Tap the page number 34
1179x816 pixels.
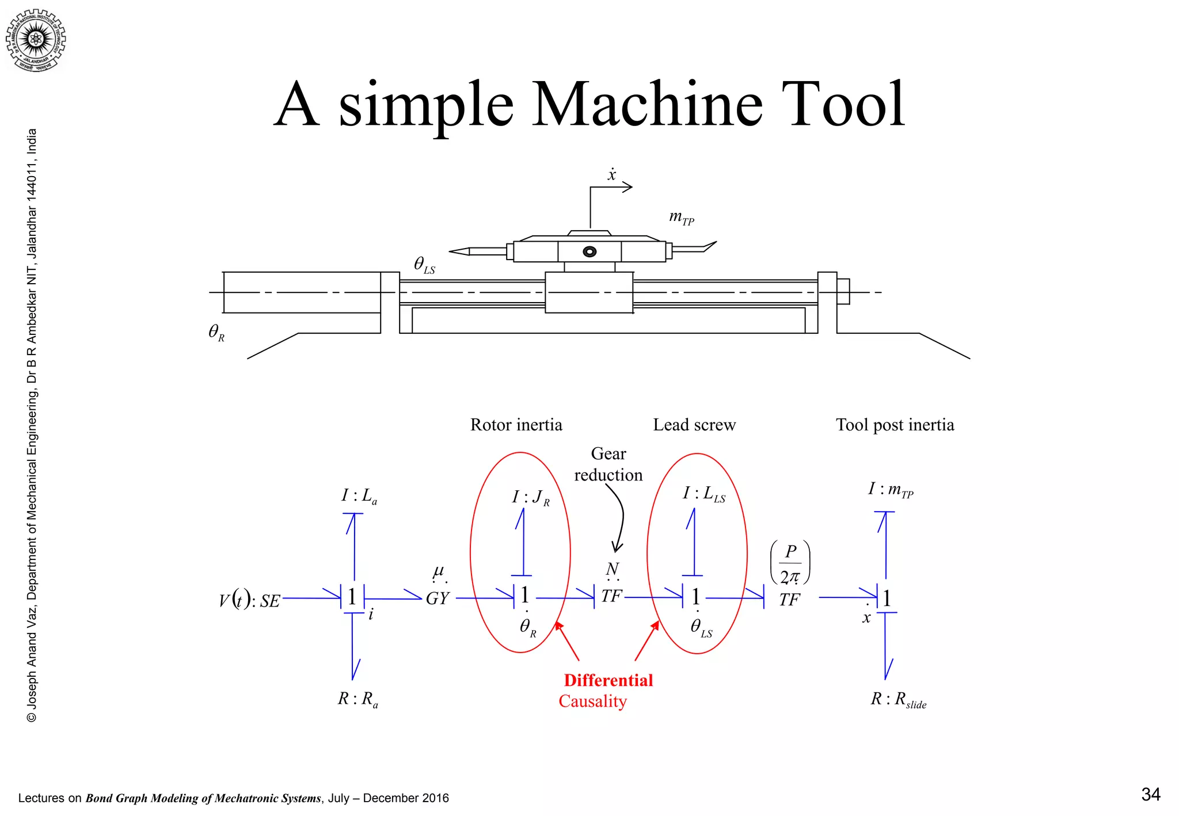[1150, 795]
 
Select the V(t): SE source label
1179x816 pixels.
[249, 600]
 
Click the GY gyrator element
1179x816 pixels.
[438, 598]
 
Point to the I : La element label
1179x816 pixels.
[359, 496]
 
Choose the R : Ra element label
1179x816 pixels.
[357, 699]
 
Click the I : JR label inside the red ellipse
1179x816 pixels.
[530, 497]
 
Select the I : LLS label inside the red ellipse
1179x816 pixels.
[703, 494]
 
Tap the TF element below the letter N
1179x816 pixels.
[611, 596]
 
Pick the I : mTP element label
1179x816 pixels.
[890, 490]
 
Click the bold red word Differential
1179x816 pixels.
[608, 680]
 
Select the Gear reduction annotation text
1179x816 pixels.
[608, 464]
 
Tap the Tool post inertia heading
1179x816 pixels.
[895, 425]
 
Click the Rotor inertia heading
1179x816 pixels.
[516, 425]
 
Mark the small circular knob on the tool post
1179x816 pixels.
[589, 251]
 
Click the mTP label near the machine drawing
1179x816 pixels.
[681, 218]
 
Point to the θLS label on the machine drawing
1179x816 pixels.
[424, 265]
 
